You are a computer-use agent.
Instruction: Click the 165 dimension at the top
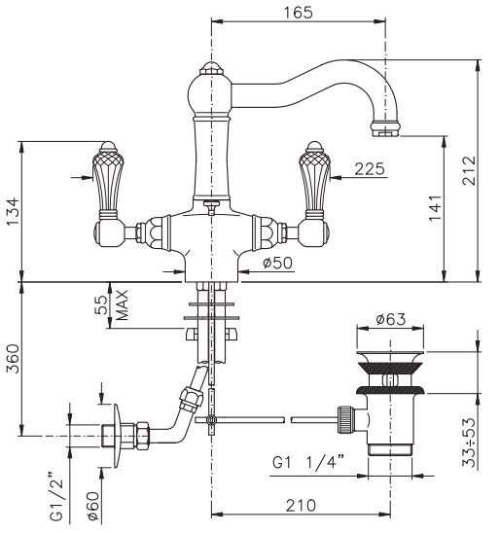pyautogui.click(x=298, y=13)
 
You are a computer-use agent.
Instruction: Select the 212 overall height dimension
pyautogui.click(x=469, y=170)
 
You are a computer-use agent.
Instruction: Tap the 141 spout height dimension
pyautogui.click(x=435, y=208)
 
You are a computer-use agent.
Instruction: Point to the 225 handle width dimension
pyautogui.click(x=370, y=169)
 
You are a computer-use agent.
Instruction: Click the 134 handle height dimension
pyautogui.click(x=14, y=211)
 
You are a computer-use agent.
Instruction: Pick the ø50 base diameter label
pyautogui.click(x=277, y=263)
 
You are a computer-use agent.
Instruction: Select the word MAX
pyautogui.click(x=122, y=304)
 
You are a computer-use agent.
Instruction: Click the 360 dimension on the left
pyautogui.click(x=14, y=359)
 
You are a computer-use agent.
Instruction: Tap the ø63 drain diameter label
pyautogui.click(x=390, y=319)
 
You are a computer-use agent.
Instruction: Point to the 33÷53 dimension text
pyautogui.click(x=470, y=442)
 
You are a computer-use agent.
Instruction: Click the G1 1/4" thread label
pyautogui.click(x=308, y=463)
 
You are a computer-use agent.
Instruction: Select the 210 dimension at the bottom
pyautogui.click(x=301, y=506)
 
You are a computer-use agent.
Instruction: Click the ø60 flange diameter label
pyautogui.click(x=92, y=506)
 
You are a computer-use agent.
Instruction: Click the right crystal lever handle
pyautogui.click(x=315, y=180)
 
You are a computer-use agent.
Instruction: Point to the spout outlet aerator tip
pyautogui.click(x=385, y=128)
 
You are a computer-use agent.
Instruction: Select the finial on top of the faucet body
pyautogui.click(x=211, y=68)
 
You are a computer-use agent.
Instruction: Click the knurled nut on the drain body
pyautogui.click(x=344, y=419)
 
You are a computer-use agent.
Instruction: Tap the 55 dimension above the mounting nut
pyautogui.click(x=101, y=304)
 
